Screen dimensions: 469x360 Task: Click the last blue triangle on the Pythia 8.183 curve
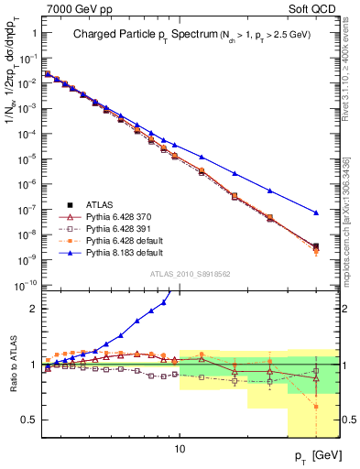[x=315, y=213]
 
